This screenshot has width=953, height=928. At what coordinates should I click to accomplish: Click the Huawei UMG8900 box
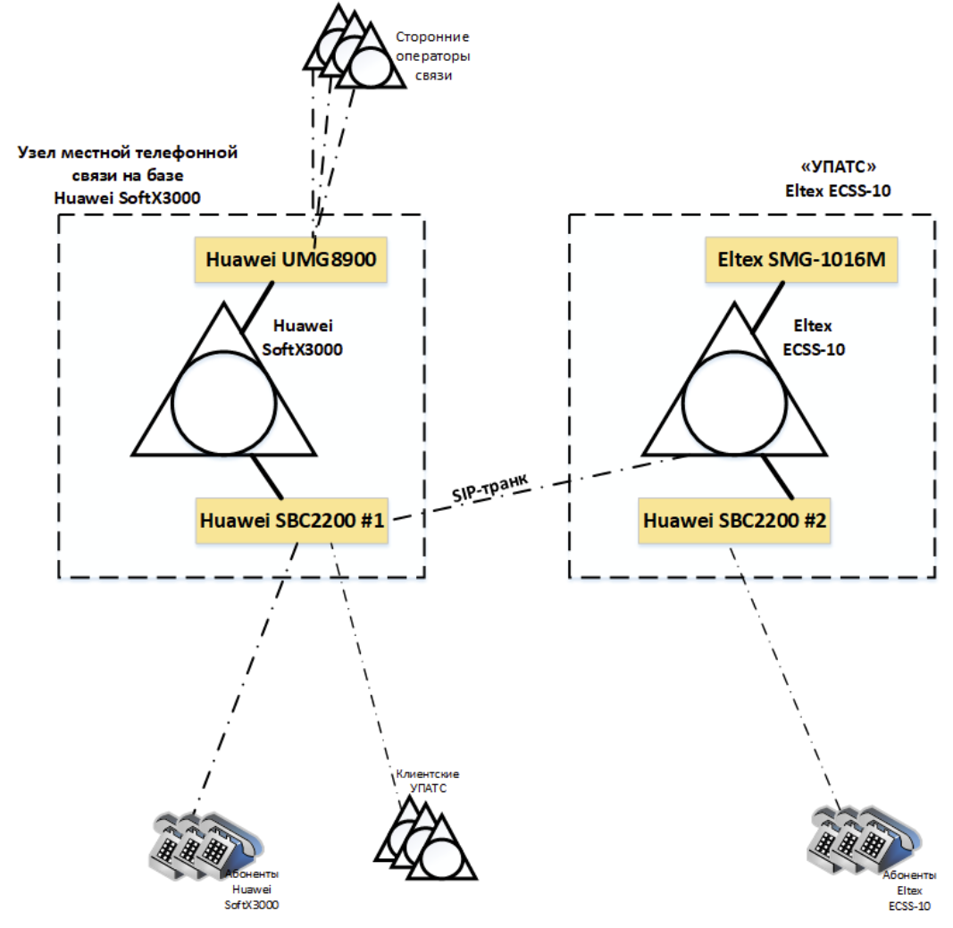[x=290, y=260]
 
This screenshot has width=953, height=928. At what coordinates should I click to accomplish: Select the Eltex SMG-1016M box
[x=801, y=260]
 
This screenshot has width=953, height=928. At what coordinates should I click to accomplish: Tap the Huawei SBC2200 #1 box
[x=292, y=521]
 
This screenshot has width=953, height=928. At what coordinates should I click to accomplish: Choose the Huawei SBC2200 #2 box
[x=734, y=521]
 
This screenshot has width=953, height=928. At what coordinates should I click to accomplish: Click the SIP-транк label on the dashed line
[x=489, y=488]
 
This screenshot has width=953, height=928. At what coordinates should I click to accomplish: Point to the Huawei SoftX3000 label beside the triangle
[x=302, y=338]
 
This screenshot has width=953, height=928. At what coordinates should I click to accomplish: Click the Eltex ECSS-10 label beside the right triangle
[x=813, y=338]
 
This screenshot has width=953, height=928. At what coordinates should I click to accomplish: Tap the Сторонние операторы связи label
[x=433, y=56]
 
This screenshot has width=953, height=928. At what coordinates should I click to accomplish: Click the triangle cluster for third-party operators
[x=355, y=46]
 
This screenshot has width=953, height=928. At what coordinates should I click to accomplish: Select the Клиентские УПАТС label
[x=428, y=781]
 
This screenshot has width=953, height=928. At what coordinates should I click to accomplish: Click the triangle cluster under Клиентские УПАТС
[x=425, y=838]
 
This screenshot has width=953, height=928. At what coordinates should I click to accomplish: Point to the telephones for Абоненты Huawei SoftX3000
[x=206, y=845]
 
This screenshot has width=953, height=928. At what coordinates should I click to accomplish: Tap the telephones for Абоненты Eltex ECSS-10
[x=865, y=840]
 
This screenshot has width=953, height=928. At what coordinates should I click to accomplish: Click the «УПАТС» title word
[x=838, y=166]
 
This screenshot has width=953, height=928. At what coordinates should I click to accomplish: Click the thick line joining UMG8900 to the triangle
[x=258, y=307]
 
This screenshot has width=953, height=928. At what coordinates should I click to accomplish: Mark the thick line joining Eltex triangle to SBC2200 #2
[x=778, y=478]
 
